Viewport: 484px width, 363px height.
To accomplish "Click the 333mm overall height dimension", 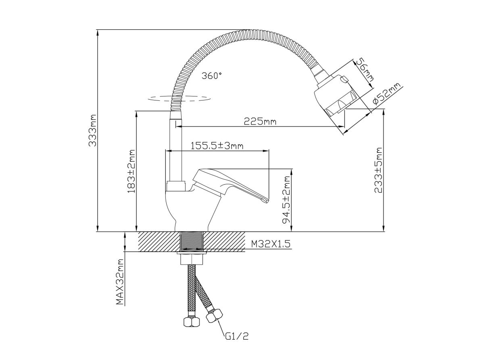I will (x=93, y=131).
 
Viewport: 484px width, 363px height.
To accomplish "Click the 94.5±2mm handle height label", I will (x=287, y=200).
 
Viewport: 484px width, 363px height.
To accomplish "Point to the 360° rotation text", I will (x=212, y=75).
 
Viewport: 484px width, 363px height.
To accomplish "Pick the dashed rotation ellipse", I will (x=179, y=98).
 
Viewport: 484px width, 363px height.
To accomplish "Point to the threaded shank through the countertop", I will (x=192, y=242).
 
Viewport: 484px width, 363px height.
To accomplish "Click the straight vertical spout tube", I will (x=176, y=149).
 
